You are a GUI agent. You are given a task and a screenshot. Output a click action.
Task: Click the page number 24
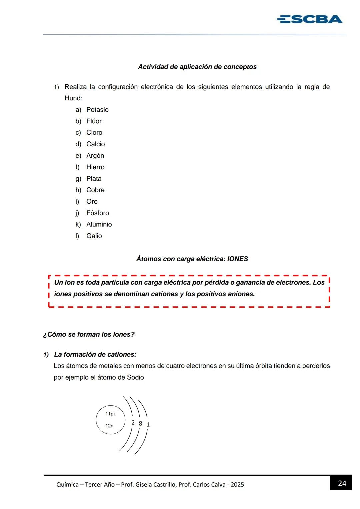(x=342, y=483)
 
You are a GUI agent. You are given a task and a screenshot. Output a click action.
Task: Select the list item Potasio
(x=97, y=110)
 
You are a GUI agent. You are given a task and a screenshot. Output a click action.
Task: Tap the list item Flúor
(x=94, y=121)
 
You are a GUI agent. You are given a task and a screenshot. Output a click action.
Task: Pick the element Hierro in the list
(x=95, y=167)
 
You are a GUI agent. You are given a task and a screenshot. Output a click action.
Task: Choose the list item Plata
(x=94, y=179)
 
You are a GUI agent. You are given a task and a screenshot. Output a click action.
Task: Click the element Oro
(x=92, y=201)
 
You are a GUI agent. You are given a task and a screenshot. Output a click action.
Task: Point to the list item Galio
(x=94, y=236)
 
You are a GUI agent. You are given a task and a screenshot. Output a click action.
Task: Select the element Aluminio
(x=99, y=224)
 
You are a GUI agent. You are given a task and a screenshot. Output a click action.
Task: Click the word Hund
(x=73, y=98)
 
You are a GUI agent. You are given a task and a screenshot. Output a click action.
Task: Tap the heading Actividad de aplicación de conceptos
(x=197, y=67)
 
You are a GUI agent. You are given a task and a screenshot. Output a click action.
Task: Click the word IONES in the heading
(x=237, y=259)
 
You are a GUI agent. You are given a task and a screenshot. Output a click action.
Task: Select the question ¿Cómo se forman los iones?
(x=89, y=334)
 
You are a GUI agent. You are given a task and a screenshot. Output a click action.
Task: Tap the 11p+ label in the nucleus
(x=111, y=414)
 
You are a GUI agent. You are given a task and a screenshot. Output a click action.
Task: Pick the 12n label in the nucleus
(x=109, y=426)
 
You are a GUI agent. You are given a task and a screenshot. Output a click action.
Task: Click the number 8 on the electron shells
(x=140, y=423)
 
